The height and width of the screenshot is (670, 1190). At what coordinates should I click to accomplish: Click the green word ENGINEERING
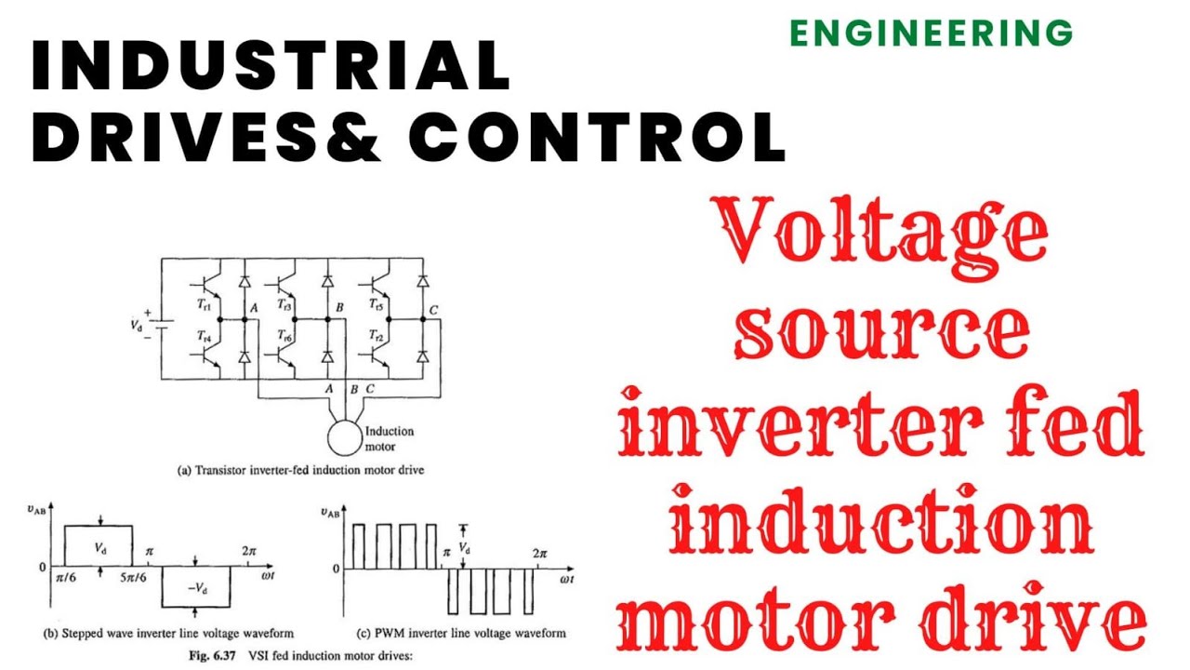(x=932, y=33)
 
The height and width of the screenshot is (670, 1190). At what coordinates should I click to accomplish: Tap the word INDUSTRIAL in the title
(x=271, y=65)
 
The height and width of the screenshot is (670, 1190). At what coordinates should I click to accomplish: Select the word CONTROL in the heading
(x=597, y=136)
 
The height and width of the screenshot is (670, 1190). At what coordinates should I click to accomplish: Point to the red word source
(x=882, y=331)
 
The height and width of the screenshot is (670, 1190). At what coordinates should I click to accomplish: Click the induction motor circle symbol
(x=344, y=438)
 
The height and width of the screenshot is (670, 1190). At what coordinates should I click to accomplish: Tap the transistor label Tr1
(x=204, y=304)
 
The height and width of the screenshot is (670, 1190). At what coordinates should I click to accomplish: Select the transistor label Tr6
(x=284, y=335)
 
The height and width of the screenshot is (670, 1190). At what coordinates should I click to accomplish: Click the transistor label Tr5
(x=376, y=304)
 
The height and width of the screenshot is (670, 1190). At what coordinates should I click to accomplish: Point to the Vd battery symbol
(x=163, y=324)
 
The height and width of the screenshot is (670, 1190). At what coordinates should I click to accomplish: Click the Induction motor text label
(x=390, y=438)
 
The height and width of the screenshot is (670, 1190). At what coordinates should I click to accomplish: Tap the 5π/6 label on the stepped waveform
(x=133, y=578)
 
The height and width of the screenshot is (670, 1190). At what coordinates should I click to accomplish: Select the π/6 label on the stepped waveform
(x=66, y=578)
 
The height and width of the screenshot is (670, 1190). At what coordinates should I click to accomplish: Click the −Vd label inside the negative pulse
(x=198, y=588)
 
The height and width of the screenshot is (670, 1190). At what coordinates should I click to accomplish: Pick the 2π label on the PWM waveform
(x=539, y=554)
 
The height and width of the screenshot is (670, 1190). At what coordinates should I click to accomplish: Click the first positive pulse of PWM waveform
(x=359, y=547)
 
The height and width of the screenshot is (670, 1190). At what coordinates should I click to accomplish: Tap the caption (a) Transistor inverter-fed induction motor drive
(x=300, y=471)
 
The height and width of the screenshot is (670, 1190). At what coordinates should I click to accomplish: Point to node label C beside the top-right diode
(x=433, y=310)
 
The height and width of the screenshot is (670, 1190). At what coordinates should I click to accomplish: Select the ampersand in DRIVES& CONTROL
(x=353, y=136)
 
